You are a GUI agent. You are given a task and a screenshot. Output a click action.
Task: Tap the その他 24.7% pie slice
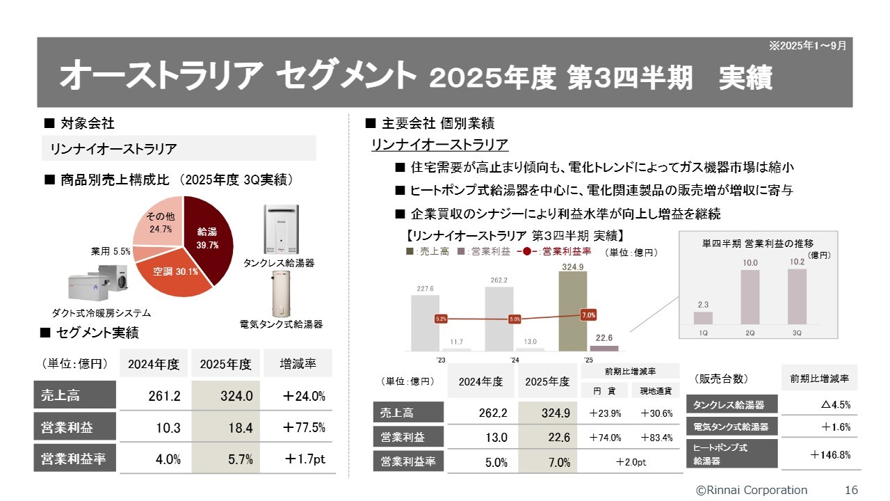(x=158, y=223)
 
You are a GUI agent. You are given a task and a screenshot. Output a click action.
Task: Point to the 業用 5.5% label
(x=111, y=250)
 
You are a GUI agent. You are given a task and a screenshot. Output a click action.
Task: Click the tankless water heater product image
(x=282, y=230)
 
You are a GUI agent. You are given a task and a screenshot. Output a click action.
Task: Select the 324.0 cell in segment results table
(x=236, y=396)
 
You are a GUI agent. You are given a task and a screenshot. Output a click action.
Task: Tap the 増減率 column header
(x=298, y=364)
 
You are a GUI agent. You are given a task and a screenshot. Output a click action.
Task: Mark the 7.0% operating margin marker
(x=588, y=315)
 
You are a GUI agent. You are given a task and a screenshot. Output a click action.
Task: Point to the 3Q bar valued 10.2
(x=797, y=296)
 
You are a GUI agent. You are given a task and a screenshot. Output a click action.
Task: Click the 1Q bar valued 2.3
(x=703, y=318)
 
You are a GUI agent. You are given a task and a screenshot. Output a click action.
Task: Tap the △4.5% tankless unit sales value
(x=834, y=404)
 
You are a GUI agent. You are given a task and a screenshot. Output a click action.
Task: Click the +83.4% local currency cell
(x=656, y=438)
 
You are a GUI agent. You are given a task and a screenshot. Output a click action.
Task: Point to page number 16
(x=851, y=490)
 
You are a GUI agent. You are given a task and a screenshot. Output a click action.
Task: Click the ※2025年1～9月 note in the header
(x=807, y=45)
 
